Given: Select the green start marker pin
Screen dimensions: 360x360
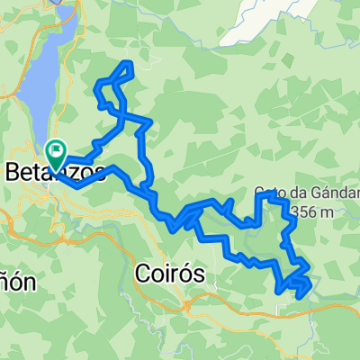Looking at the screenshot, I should (x=56, y=153).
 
